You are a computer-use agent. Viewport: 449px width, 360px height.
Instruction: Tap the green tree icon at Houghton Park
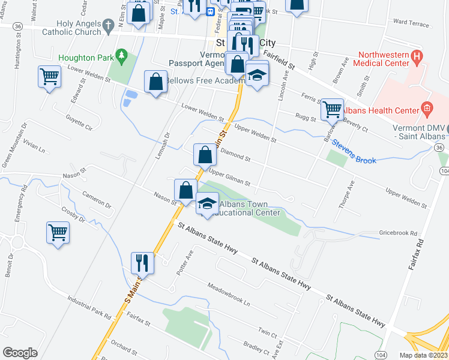click(122, 57)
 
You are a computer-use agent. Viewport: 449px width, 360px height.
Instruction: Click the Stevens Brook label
click(354, 152)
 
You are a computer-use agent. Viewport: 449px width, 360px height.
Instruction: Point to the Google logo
click(20, 352)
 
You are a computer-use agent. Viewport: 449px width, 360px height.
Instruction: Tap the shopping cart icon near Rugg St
click(332, 109)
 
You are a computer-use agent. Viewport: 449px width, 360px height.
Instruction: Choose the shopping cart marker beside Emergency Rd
click(58, 232)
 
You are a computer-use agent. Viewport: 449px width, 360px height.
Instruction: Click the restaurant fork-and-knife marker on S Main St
click(143, 262)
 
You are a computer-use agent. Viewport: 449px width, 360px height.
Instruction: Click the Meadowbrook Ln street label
click(228, 293)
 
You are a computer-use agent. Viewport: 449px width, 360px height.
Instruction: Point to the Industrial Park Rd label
click(89, 307)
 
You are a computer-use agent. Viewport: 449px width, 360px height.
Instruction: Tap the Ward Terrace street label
click(411, 23)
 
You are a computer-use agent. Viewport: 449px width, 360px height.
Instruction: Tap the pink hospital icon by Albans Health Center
click(427, 109)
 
